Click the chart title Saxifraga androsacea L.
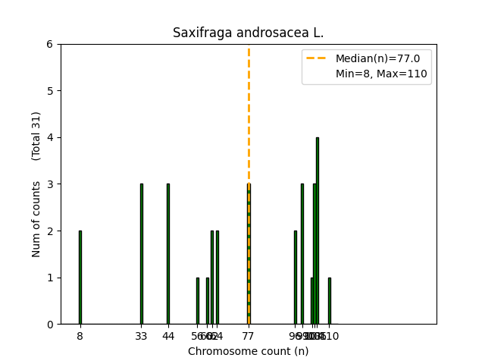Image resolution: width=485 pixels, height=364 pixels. pyautogui.click(x=248, y=33)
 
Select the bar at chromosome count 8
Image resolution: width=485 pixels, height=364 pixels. pyautogui.click(x=80, y=278)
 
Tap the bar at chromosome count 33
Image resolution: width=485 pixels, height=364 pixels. pyautogui.click(x=141, y=254)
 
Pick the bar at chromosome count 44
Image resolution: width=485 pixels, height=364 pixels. pyautogui.click(x=168, y=254)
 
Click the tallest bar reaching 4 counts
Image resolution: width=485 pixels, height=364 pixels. pyautogui.click(x=317, y=231)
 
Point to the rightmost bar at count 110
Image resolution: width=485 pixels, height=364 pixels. pyautogui.click(x=329, y=301)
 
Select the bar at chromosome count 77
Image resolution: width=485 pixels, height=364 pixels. pyautogui.click(x=249, y=254)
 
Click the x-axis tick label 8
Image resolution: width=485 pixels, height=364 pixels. pyautogui.click(x=80, y=336)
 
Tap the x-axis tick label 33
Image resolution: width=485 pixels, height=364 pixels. pyautogui.click(x=141, y=336)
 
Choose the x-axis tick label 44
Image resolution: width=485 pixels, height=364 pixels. pyautogui.click(x=168, y=336)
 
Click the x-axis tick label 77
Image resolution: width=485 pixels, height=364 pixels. pyautogui.click(x=249, y=336)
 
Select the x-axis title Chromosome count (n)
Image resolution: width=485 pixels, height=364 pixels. pyautogui.click(x=248, y=351)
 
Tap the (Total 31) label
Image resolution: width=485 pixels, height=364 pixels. pyautogui.click(x=36, y=136)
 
